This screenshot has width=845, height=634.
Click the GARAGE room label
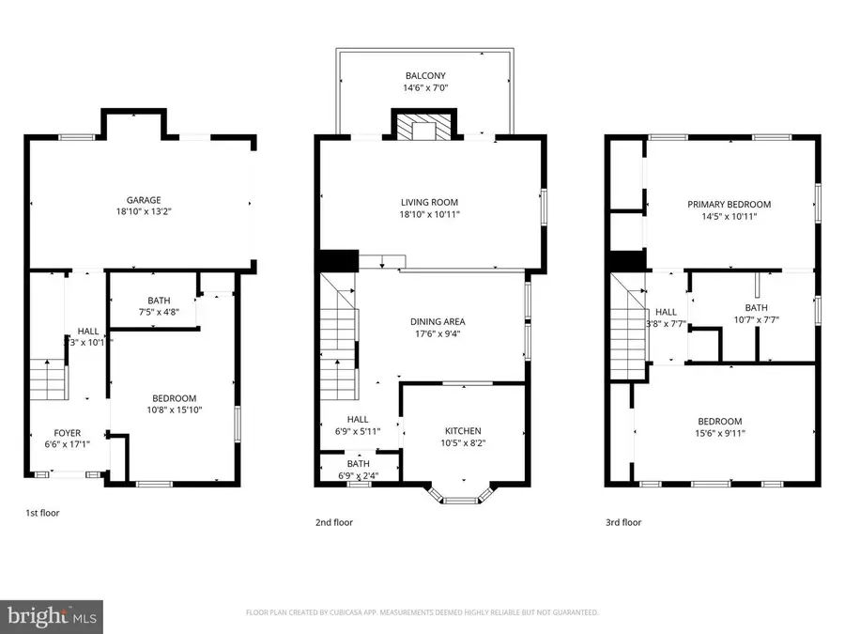144,200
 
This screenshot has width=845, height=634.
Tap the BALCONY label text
425,76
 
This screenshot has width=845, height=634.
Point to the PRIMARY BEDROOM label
729,204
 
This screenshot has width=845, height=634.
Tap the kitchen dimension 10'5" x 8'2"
464,443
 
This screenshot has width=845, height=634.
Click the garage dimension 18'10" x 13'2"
144,212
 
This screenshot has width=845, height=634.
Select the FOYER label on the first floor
67,433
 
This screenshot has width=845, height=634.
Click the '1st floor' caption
42,513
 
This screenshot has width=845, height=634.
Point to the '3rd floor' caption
623,522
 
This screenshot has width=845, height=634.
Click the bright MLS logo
53,616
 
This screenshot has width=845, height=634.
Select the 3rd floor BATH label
756,307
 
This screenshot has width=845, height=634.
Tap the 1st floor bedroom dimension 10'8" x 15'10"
174,410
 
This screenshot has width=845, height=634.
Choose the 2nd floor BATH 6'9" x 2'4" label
358,470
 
